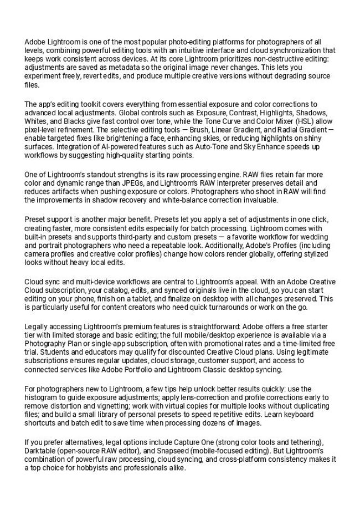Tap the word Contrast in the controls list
pos(211,114)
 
